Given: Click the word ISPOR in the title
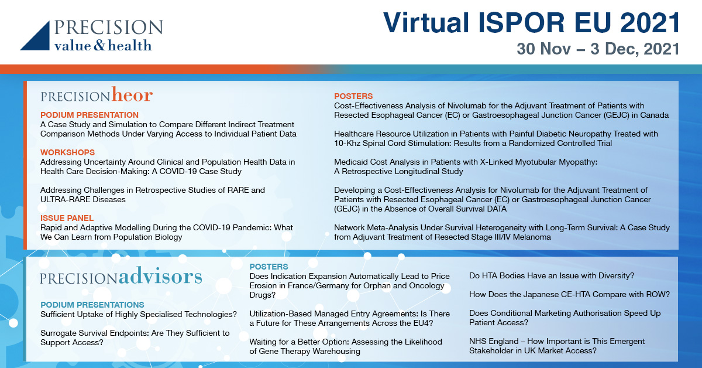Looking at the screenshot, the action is tap(521, 23).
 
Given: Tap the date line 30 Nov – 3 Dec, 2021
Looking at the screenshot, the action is tap(598, 49).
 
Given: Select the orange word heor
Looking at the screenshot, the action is tap(132, 94).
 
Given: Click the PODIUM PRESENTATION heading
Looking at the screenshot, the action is tap(90, 115).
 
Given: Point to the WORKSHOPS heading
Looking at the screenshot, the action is tap(67, 152).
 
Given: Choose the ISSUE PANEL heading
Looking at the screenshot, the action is tap(67, 218).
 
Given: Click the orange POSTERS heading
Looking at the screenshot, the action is tap(353, 96).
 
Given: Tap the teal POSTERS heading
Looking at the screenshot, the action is tap(269, 267).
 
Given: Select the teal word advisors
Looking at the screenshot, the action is tap(160, 277).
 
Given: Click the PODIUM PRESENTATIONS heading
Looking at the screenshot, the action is tap(92, 305).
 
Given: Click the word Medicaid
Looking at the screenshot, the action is tap(350, 162).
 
